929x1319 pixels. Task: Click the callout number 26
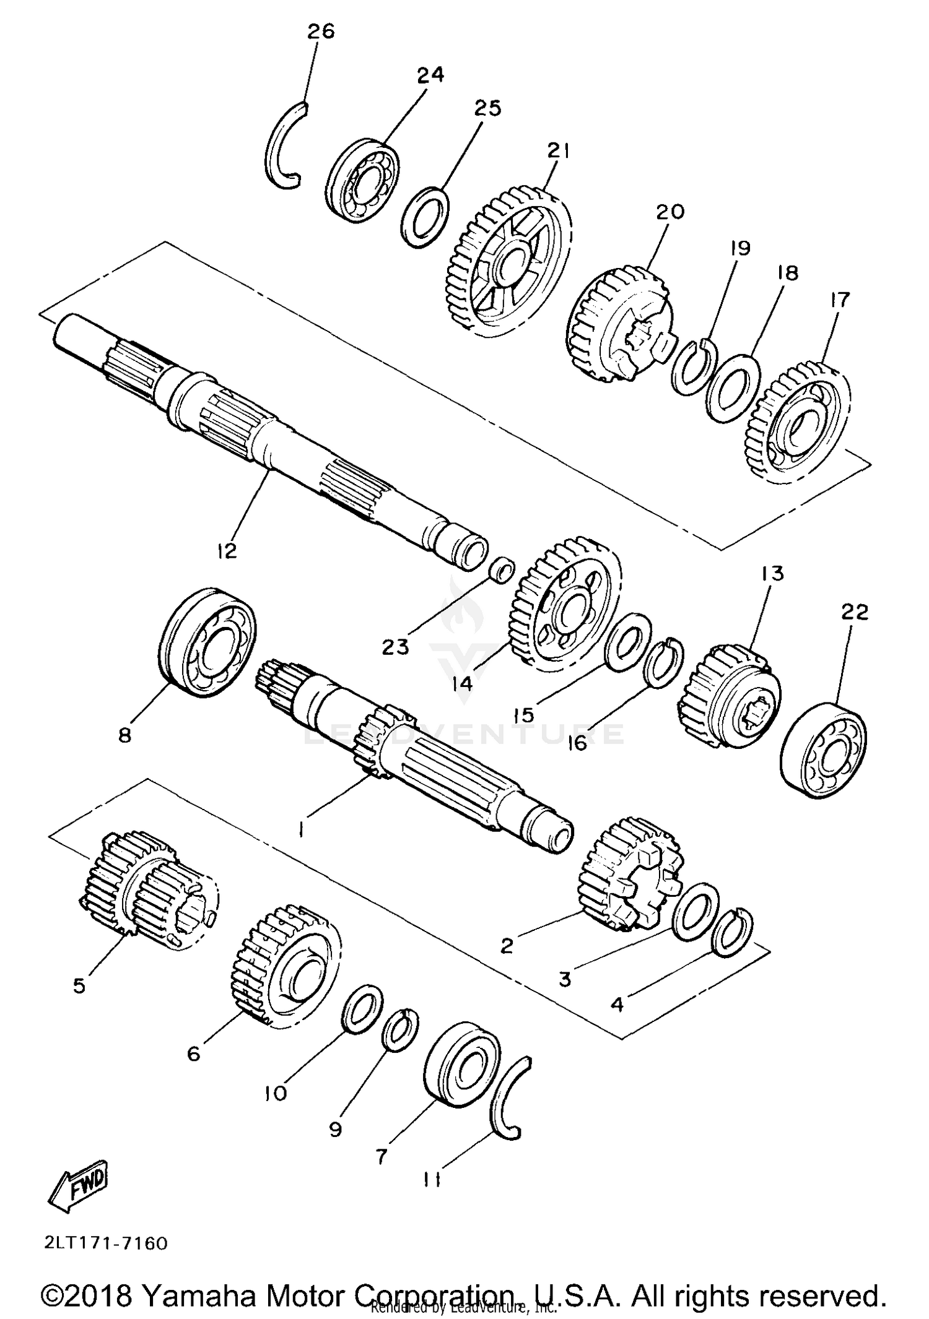pos(321,31)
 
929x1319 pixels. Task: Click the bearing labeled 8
pos(207,642)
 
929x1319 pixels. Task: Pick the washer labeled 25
pos(425,218)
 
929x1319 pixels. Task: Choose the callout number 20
pos(669,212)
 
